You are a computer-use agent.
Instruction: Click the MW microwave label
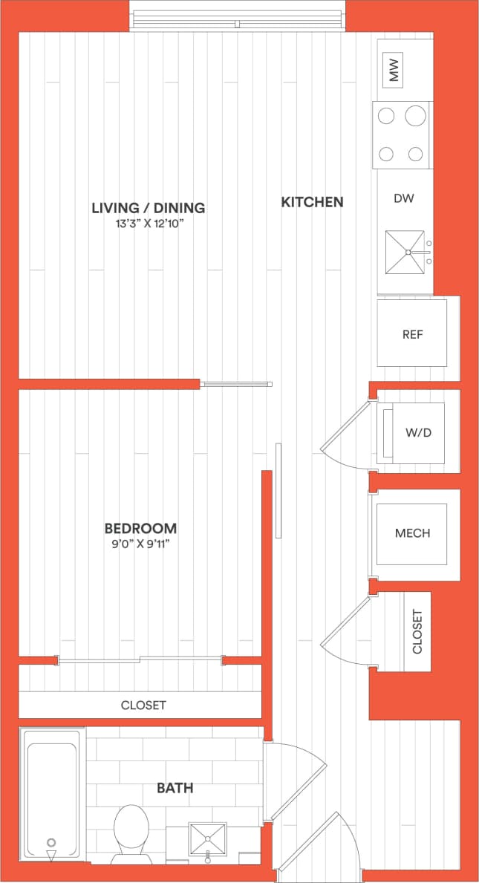click(394, 71)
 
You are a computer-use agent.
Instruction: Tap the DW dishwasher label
click(403, 198)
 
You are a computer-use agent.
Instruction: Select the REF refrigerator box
click(412, 334)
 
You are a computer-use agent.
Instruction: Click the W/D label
click(419, 432)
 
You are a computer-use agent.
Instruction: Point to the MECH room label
click(412, 533)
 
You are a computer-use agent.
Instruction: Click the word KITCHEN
click(312, 201)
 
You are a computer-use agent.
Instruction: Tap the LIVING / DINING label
click(148, 208)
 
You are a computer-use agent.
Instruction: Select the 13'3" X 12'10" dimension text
click(148, 223)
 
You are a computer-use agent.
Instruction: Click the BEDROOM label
click(140, 528)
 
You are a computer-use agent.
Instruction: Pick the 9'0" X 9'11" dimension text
click(140, 544)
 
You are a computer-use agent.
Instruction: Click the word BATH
click(175, 787)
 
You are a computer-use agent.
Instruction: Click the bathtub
click(51, 795)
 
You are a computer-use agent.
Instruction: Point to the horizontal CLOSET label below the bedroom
click(143, 705)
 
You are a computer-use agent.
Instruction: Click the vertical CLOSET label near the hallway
click(417, 632)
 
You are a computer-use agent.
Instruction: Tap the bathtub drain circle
click(51, 842)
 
